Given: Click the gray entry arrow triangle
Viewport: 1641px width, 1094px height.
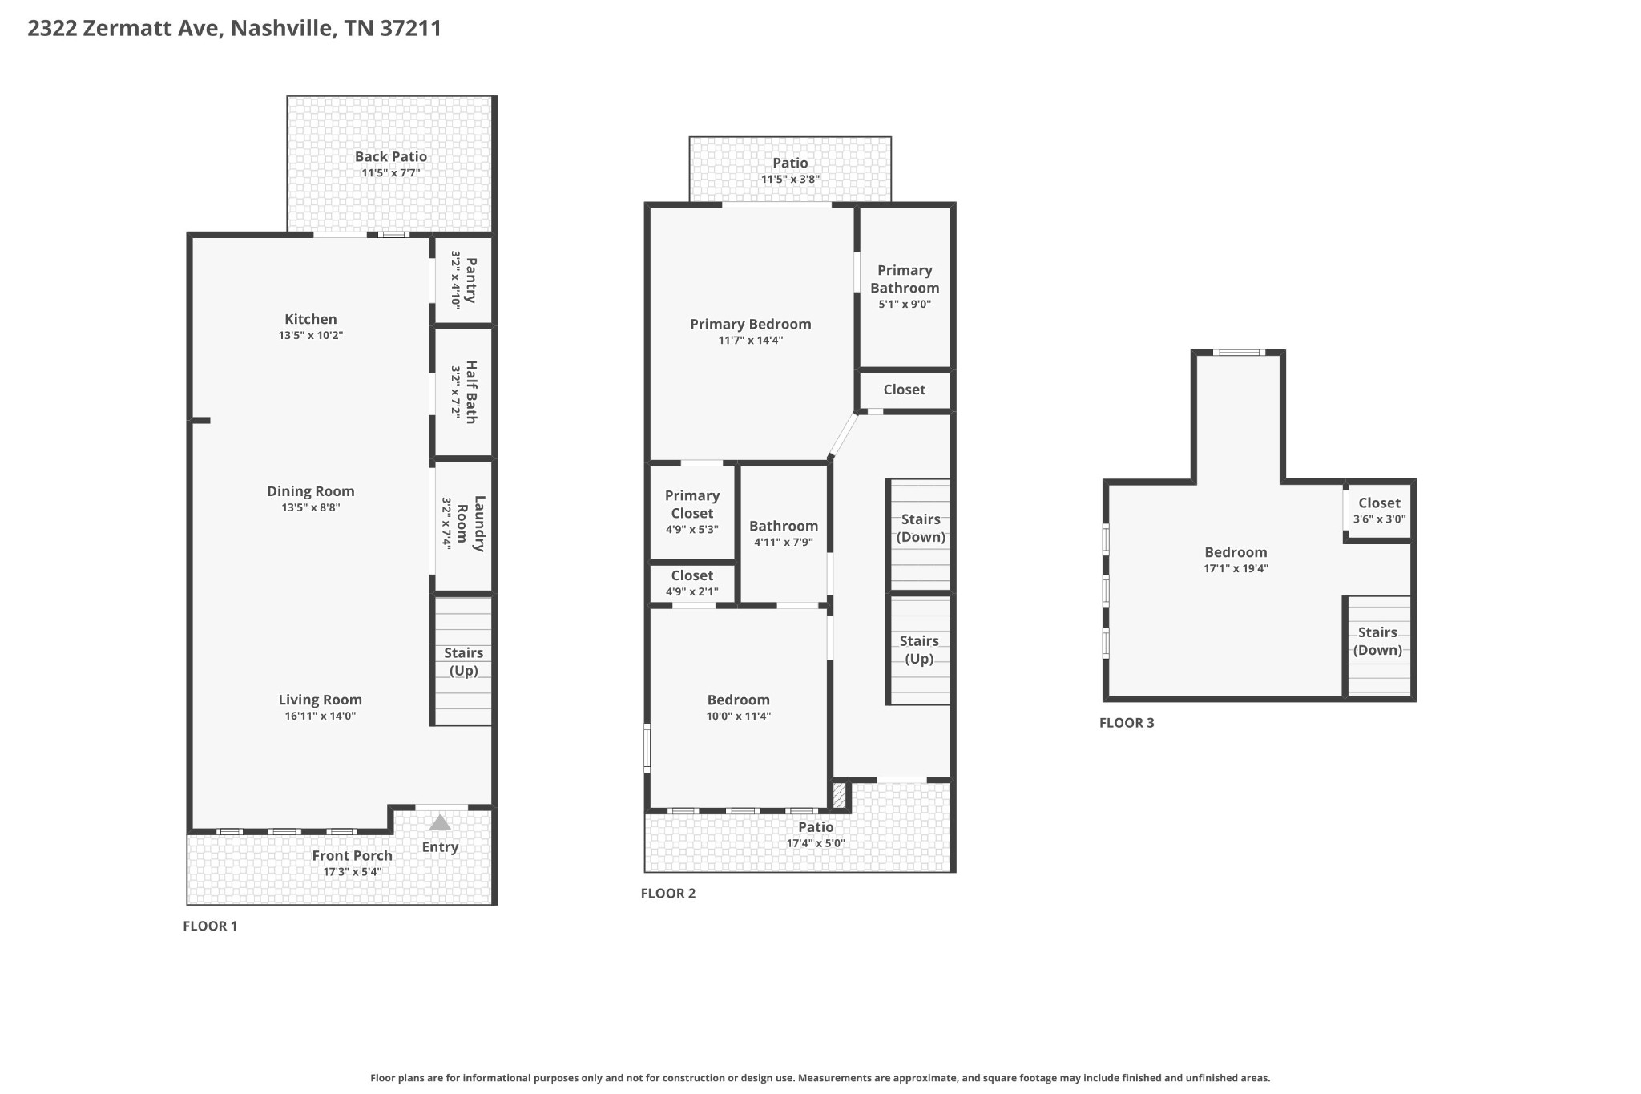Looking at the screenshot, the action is click(440, 822).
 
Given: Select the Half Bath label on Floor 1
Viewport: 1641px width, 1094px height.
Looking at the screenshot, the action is click(471, 391).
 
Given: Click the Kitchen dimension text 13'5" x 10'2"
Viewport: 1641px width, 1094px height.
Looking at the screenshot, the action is click(311, 336).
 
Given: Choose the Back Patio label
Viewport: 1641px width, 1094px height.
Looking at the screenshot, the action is click(391, 156).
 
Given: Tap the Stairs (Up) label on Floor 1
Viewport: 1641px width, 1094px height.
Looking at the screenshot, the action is click(463, 662).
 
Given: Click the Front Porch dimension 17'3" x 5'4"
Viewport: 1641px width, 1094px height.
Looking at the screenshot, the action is click(353, 872).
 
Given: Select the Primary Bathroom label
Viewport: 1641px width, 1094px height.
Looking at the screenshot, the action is click(905, 279).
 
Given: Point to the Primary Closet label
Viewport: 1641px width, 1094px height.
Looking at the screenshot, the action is click(692, 504).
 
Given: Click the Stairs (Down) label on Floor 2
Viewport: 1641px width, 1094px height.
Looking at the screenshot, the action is click(921, 528).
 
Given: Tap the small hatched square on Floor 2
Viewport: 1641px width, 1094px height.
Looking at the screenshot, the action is click(839, 795).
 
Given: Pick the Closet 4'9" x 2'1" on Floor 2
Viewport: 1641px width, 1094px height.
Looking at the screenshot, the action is click(692, 583).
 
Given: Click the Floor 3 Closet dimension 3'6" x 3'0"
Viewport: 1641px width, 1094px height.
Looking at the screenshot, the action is click(1380, 519).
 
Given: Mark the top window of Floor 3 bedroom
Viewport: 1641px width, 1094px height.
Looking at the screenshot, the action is click(1239, 352).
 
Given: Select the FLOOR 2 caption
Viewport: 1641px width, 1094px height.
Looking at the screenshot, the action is click(668, 894).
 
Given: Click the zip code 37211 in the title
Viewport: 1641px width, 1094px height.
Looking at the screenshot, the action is click(411, 29).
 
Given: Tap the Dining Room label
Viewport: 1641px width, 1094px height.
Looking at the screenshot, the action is click(311, 491).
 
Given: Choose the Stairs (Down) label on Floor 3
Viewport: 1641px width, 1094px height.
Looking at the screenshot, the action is click(1378, 641).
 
